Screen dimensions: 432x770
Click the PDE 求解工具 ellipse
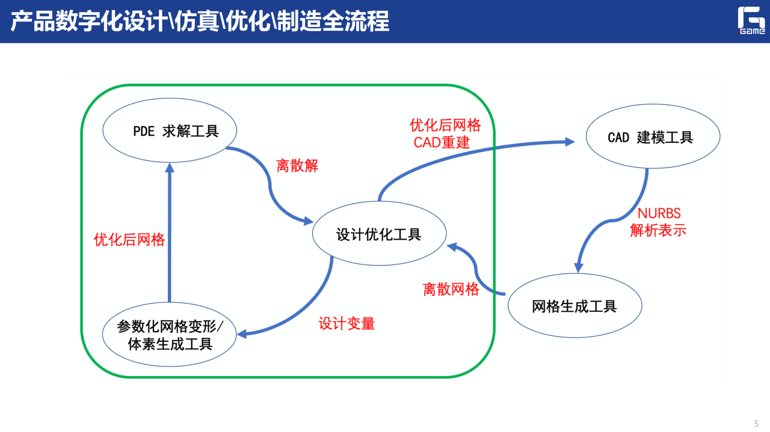coord(170,131)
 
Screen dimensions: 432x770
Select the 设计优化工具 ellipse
coord(379,233)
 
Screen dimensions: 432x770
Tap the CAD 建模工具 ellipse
coord(653,138)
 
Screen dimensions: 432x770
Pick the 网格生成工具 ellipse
coord(574,306)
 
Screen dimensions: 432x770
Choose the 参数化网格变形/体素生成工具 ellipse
coord(170,335)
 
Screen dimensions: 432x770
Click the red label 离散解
coord(297,166)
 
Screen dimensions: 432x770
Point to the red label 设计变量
coord(346,324)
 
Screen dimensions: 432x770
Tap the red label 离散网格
coord(451,290)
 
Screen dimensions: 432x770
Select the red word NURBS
coord(659,214)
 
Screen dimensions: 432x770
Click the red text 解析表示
coord(658,231)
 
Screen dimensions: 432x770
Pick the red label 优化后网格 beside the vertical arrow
coord(129,240)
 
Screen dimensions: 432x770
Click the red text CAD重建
coord(442,143)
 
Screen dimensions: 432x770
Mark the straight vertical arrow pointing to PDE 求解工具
coord(170,234)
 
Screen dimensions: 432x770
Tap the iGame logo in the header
coord(751,21)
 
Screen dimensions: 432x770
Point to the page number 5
coord(756,423)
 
